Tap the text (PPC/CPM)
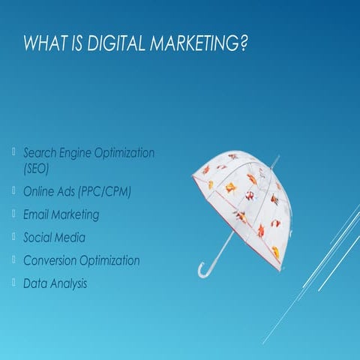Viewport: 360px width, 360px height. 104,191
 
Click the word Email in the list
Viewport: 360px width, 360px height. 36,214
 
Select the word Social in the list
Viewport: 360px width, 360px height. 38,238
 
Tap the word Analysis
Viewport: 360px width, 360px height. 68,284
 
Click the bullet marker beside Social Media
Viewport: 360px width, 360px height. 14,236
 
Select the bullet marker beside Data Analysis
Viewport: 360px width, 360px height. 14,283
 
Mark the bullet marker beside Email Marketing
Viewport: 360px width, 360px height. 14,213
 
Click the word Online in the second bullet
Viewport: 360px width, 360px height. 38,191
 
